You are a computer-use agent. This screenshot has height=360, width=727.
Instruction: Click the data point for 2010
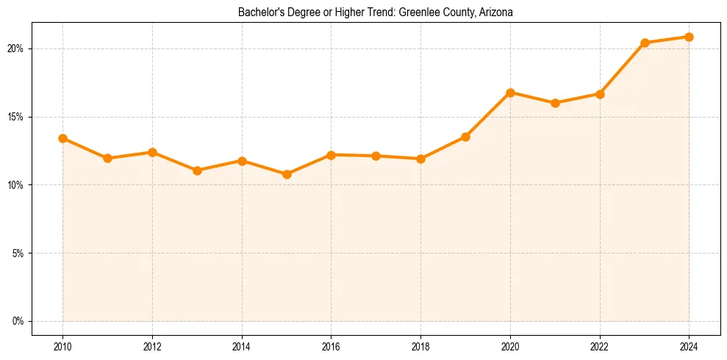click(63, 138)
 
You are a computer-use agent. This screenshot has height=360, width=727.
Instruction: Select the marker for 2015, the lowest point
click(287, 174)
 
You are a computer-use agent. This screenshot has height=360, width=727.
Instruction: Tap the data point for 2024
click(689, 37)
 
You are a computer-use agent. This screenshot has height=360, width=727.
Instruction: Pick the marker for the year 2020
click(510, 93)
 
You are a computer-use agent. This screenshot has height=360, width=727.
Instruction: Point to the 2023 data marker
click(645, 43)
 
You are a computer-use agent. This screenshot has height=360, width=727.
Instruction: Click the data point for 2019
click(465, 137)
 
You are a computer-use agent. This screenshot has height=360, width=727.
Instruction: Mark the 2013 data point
click(197, 170)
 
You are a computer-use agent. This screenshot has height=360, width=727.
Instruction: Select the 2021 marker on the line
click(555, 103)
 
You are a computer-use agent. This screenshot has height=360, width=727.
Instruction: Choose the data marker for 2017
click(376, 156)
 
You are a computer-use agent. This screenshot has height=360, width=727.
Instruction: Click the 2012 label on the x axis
click(152, 346)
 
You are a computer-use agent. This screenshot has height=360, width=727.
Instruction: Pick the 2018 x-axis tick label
click(420, 346)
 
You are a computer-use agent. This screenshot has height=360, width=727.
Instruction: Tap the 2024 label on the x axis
click(689, 346)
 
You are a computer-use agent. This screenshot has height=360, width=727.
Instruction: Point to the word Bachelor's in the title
click(259, 12)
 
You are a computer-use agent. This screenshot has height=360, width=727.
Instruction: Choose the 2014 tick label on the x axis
click(242, 346)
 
